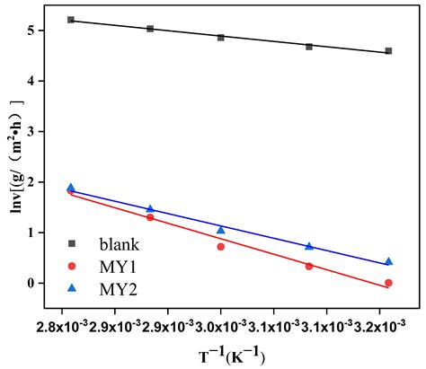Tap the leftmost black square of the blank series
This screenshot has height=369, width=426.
[x=71, y=20]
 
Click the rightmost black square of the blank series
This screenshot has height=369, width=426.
[x=388, y=51]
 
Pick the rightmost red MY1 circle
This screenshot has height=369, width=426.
[x=388, y=283]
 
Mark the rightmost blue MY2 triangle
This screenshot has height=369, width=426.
[x=388, y=261]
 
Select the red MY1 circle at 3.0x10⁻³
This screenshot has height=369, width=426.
[x=221, y=246]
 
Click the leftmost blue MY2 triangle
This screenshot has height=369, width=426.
[x=71, y=188]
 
